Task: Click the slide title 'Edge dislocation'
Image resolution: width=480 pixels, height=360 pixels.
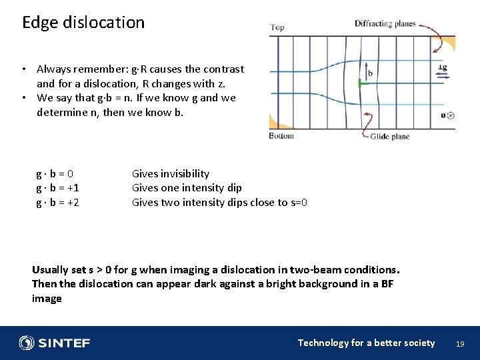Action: tap(83, 22)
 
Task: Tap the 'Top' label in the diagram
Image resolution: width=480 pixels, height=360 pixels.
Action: tap(277, 28)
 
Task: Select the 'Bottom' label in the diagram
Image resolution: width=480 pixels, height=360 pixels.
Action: tap(281, 136)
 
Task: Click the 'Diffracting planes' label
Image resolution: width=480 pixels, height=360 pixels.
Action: tap(385, 24)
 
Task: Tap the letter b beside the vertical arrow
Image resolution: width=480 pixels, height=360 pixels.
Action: tap(370, 73)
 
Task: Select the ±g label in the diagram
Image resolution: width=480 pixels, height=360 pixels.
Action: tap(442, 67)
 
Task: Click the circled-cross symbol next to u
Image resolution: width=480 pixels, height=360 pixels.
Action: tap(451, 115)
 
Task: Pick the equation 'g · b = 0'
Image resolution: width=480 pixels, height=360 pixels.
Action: tap(55, 173)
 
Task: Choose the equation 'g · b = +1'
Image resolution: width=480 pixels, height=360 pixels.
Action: tap(57, 187)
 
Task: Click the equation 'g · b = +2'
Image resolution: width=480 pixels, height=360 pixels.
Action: tap(57, 202)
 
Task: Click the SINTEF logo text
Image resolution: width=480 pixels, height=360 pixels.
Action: tap(64, 343)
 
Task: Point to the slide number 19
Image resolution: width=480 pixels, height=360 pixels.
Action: tap(459, 344)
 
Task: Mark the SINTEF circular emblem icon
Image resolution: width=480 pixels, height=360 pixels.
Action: tap(27, 343)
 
